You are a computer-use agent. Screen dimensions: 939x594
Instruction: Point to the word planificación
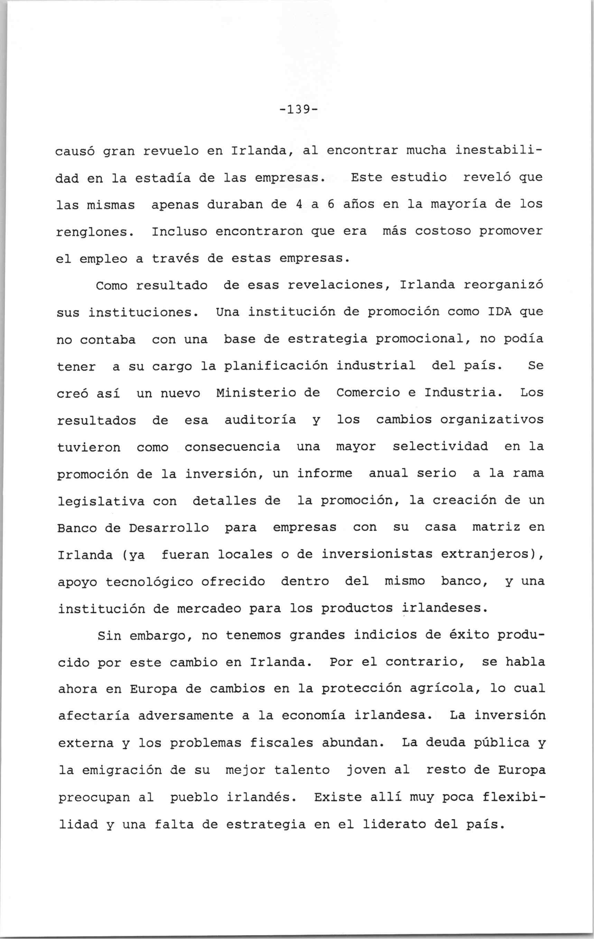point(276,366)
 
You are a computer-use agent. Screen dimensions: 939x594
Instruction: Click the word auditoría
point(260,420)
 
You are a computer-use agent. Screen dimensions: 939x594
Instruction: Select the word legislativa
point(101,501)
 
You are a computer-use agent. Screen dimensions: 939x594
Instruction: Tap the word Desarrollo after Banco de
point(169,528)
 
